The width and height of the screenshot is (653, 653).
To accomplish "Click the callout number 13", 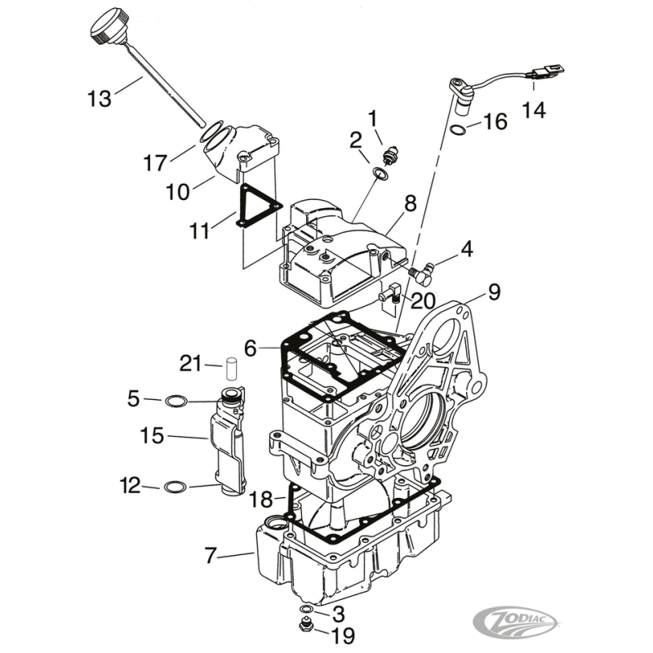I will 99,100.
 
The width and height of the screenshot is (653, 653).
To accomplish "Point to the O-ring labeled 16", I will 459,130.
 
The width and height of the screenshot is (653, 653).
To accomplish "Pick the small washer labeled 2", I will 380,172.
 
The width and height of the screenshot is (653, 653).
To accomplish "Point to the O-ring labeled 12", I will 175,487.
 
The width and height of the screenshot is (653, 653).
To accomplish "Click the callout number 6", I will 250,349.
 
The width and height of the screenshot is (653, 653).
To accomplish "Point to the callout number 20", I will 422,301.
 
